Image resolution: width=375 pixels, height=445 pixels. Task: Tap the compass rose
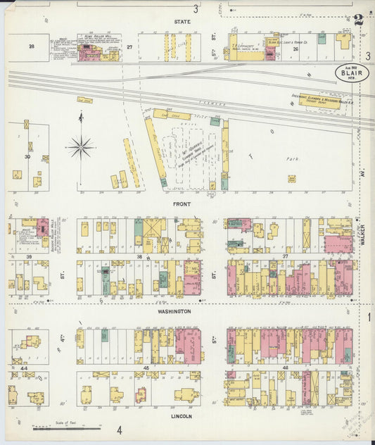(81, 147)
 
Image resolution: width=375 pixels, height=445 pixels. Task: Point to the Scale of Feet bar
(67, 427)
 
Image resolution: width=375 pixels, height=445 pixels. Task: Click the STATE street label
(182, 22)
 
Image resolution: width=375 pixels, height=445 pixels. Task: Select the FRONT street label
(182, 204)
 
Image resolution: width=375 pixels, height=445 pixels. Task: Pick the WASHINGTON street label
(174, 311)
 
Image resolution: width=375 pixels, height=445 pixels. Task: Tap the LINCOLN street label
(181, 416)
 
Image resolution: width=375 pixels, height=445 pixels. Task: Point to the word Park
(293, 159)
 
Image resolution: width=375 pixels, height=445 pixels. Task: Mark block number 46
(285, 368)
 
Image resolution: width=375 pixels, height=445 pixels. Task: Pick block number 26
(296, 49)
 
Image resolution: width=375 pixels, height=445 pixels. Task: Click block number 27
(129, 46)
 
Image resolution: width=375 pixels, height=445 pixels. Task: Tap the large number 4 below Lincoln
(119, 430)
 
